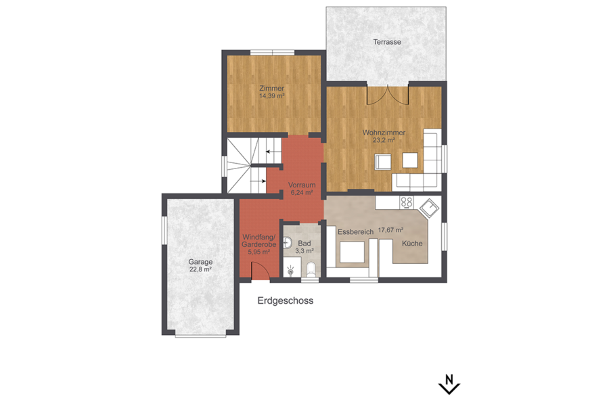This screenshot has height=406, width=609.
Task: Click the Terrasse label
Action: [x=387, y=41]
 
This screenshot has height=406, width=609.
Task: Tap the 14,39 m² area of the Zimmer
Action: [x=272, y=95]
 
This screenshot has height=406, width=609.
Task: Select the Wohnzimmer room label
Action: [x=384, y=133]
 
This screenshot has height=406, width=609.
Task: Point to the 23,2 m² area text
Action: [x=384, y=140]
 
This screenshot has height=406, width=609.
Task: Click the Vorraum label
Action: [x=302, y=185]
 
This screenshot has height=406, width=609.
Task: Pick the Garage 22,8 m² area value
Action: [x=200, y=269]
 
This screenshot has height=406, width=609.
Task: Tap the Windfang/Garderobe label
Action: [x=259, y=240]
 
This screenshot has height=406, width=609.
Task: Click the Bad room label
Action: [x=304, y=243]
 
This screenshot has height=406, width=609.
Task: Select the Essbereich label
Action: [x=355, y=232]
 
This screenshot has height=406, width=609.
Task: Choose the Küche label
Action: [x=412, y=243]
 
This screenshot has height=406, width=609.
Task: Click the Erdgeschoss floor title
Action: [x=286, y=300]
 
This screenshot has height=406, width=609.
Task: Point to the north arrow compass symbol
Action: [x=449, y=384]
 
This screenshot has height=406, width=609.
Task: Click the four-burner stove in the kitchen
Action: [x=407, y=202]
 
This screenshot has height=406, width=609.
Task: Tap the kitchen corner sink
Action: [x=429, y=208]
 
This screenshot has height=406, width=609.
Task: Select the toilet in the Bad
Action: [x=311, y=269]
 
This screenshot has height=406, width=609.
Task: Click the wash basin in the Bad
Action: [x=288, y=243]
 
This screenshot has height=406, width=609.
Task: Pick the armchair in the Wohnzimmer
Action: [x=383, y=162]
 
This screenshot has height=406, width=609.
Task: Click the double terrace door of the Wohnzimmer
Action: [x=388, y=95]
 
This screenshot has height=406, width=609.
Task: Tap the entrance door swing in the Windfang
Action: [x=261, y=271]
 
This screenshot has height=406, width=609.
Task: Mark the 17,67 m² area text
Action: [x=390, y=230]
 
